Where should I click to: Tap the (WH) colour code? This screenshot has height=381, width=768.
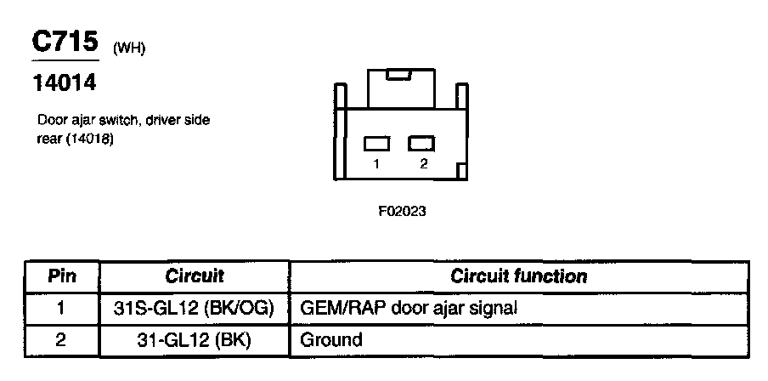[129, 48]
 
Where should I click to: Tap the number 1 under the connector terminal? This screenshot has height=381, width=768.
[376, 165]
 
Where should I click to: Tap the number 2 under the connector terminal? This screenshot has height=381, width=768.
[422, 165]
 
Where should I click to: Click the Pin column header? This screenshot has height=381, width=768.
[62, 276]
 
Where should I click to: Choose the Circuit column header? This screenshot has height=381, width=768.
[194, 276]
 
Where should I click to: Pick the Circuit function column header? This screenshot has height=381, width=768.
[518, 276]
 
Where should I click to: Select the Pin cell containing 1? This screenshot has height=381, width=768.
[62, 308]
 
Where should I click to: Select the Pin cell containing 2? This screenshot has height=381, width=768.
[62, 340]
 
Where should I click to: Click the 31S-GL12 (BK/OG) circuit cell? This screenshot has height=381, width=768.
[194, 308]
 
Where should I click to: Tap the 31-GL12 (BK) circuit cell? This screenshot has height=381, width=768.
[194, 340]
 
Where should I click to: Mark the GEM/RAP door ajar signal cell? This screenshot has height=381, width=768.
[409, 308]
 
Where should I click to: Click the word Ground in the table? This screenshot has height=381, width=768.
[331, 340]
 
